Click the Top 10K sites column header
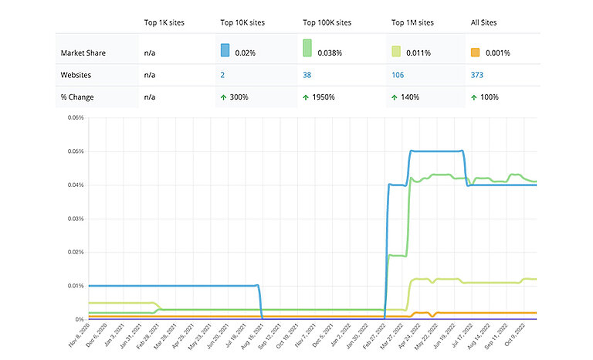click(x=243, y=22)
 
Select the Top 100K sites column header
click(x=327, y=22)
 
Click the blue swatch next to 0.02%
click(x=225, y=50)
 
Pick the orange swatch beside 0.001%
click(x=476, y=53)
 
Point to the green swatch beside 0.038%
click(x=307, y=49)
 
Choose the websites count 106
click(x=398, y=76)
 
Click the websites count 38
click(x=307, y=76)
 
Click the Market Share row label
click(x=84, y=53)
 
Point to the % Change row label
click(x=78, y=98)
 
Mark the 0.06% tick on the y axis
click(x=74, y=118)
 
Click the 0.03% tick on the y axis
click(x=74, y=219)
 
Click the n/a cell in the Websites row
click(x=151, y=76)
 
